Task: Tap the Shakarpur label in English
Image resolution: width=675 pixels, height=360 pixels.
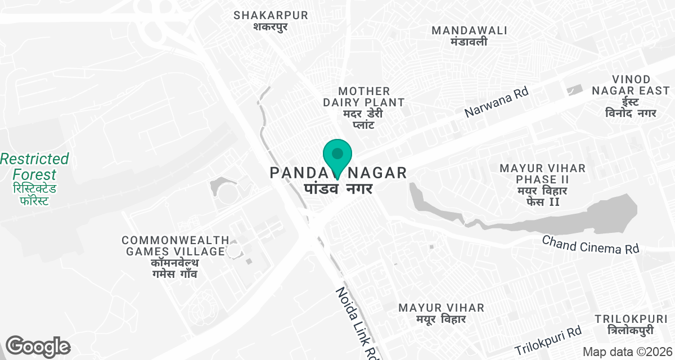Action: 271,15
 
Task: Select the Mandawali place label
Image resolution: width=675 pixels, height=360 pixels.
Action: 469,30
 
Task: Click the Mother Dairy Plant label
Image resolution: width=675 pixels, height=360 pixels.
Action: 363,97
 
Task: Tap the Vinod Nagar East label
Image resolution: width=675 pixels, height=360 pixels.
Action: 630,85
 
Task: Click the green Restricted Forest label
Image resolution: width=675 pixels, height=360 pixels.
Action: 34,166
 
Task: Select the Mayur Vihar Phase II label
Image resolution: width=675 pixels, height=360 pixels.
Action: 542,174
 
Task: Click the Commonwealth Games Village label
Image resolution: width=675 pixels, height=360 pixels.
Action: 175,246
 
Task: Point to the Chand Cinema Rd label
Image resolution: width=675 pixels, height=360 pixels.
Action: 591,245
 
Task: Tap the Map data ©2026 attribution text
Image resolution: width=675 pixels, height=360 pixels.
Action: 627,352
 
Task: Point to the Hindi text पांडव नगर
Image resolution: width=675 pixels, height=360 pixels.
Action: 338,188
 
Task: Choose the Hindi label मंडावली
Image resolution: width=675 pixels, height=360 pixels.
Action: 469,42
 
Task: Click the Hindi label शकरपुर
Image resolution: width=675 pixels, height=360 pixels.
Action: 271,26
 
